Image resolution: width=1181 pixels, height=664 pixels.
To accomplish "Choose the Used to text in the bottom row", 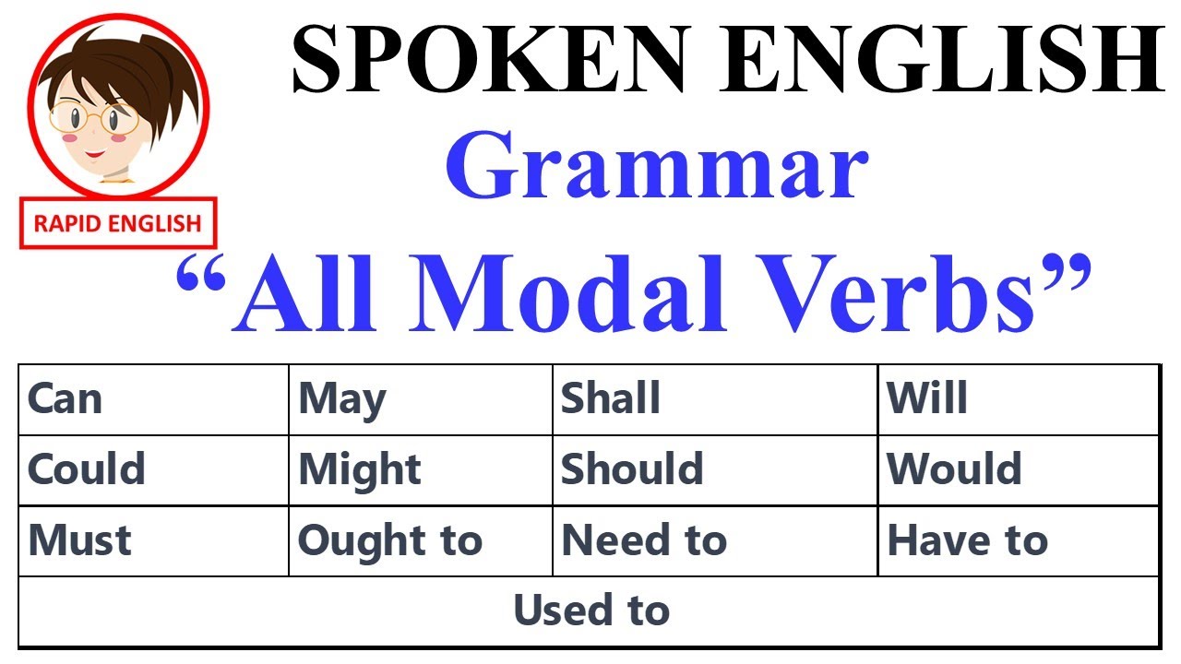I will (591, 611).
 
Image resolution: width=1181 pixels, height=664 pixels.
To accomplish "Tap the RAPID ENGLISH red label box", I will (117, 223).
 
